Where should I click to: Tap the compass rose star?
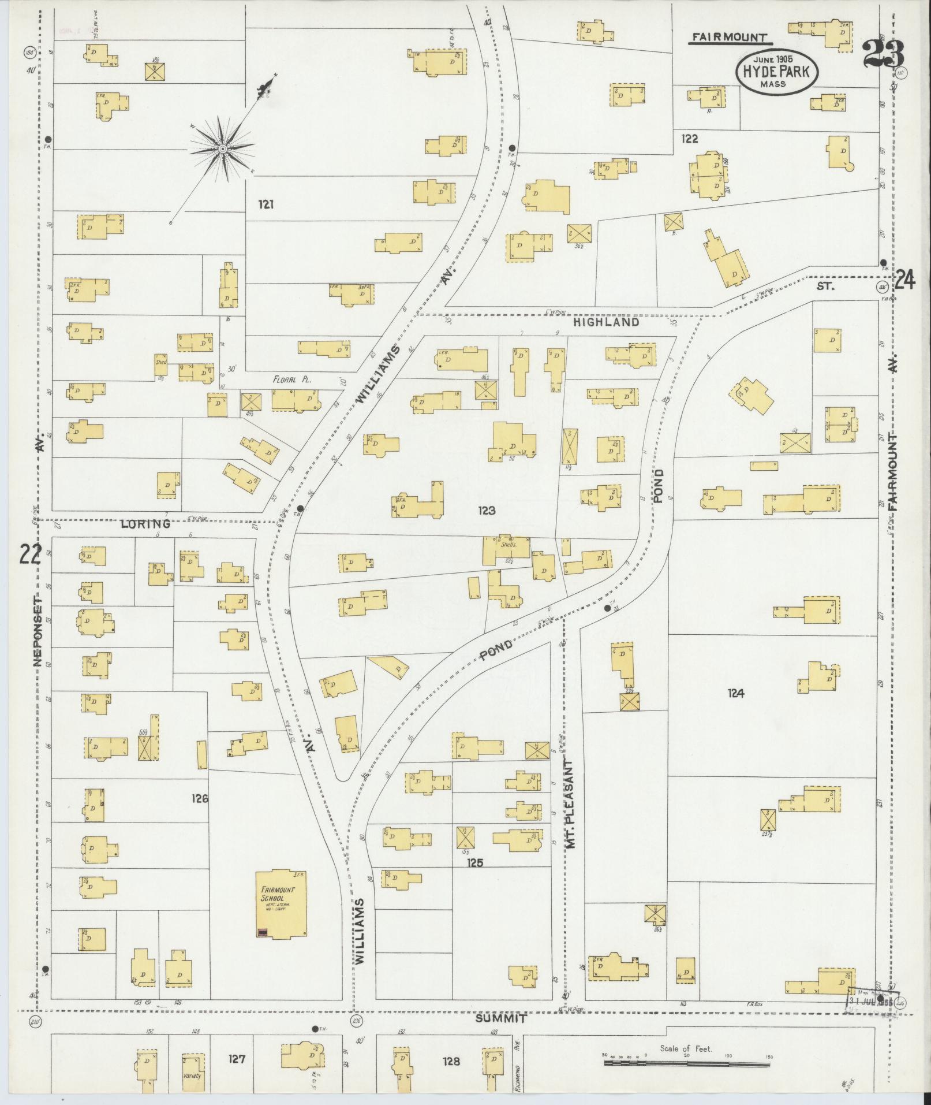coord(222,150)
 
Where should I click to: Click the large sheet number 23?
coord(883,55)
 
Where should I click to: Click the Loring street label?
coord(145,524)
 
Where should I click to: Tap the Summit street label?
coord(500,1019)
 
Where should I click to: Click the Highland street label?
coord(606,322)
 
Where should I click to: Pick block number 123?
coord(487,510)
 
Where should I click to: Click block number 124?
coord(736,693)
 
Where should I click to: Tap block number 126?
coord(200,799)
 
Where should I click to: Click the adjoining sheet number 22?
coord(30,554)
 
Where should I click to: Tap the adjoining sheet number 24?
coord(904,281)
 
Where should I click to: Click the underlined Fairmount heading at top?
coord(731,38)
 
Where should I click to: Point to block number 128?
coord(451,1061)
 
